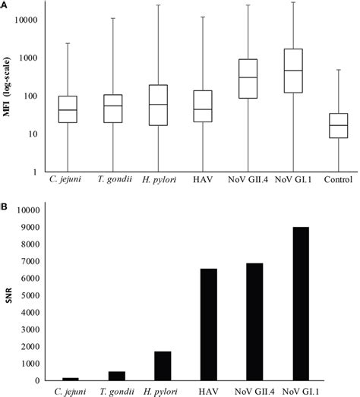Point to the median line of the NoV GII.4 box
tap(247, 77)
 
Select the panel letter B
tap(5, 205)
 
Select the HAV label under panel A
tap(202, 182)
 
